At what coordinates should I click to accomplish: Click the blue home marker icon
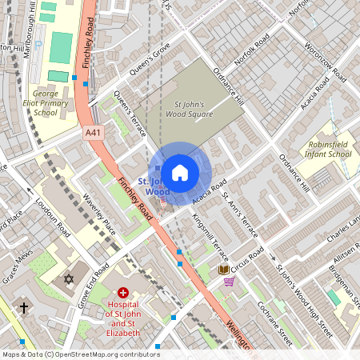(x=180, y=173)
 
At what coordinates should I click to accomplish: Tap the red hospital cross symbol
(x=123, y=295)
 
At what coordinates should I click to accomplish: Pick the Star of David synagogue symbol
(x=68, y=279)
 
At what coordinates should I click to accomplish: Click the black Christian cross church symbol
(x=24, y=306)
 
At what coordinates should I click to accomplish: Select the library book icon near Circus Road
(x=223, y=270)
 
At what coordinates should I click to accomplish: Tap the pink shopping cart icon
(x=230, y=282)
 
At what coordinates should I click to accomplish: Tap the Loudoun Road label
(x=53, y=226)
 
